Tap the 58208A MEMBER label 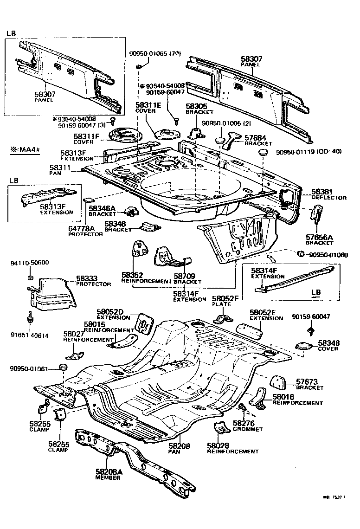click(108, 474)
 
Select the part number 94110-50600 click(29, 263)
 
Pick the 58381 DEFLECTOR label click(328, 194)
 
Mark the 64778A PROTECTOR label click(85, 232)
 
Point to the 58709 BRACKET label click(187, 278)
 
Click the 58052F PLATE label click(225, 301)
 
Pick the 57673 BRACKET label click(310, 384)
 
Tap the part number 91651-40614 click(29, 335)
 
